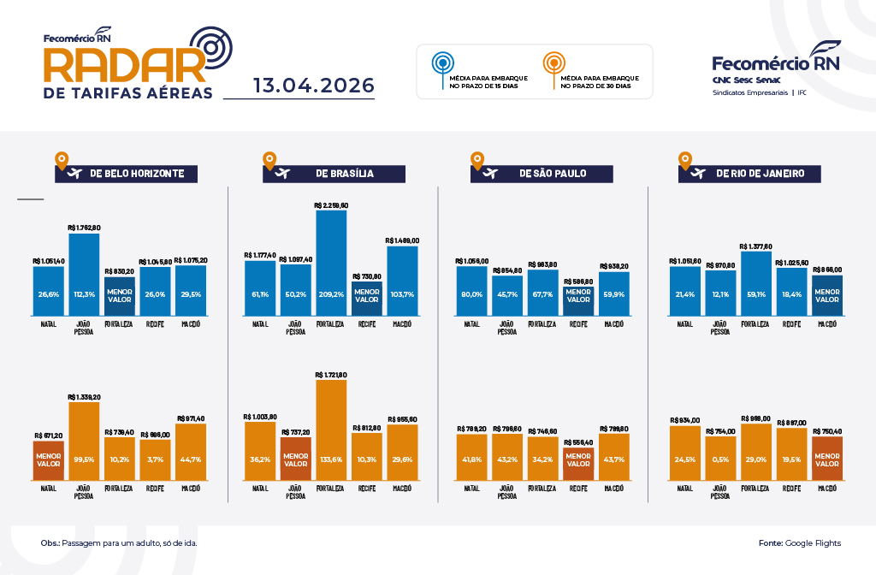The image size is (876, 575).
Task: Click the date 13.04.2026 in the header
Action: pos(314,86)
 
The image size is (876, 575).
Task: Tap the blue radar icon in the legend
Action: pos(441,63)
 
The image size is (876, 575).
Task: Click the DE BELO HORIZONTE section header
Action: pos(127,173)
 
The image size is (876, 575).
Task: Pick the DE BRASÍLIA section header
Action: pos(334,173)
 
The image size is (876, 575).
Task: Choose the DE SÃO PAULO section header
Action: pos(542,173)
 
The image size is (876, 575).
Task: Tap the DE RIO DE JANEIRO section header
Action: pos(749,173)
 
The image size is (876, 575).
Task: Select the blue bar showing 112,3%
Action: pos(84,274)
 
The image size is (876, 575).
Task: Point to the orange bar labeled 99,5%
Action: pos(84,441)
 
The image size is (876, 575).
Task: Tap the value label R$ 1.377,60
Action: pos(755,246)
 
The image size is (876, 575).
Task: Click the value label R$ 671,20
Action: pos(49,436)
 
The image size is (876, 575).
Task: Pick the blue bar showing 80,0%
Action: pos(471,291)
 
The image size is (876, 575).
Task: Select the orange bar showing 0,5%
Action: pos(719,458)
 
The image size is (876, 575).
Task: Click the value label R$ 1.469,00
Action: pos(402,240)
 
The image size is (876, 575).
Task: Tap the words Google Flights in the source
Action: pos(813,543)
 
